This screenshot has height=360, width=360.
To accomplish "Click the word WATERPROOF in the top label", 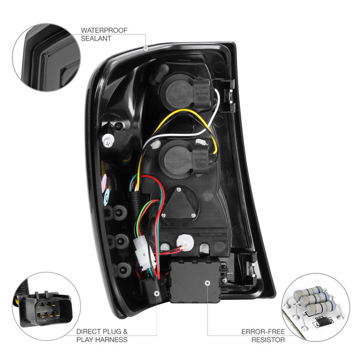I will coord(103,29).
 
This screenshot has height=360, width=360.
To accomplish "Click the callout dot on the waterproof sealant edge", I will coord(146,47).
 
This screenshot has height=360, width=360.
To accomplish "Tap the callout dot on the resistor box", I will coord(207,282).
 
